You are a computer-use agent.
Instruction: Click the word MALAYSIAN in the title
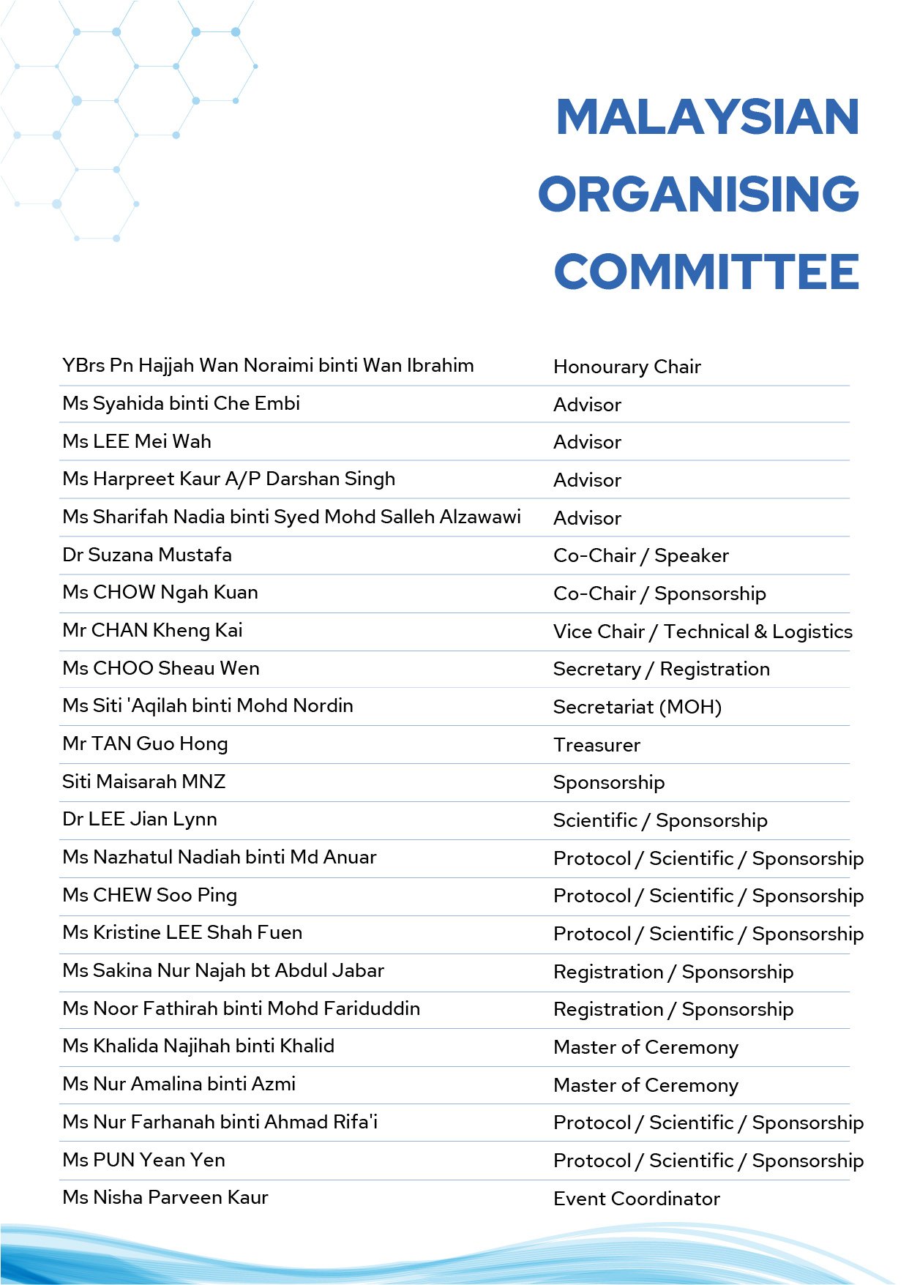click(x=707, y=117)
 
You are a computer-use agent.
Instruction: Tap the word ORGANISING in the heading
click(x=699, y=195)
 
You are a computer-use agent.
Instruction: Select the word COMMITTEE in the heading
click(x=707, y=272)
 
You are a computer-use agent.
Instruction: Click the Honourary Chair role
click(x=627, y=367)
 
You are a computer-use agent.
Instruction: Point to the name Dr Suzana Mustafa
click(x=147, y=555)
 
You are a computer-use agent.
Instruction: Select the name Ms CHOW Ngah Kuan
click(x=160, y=592)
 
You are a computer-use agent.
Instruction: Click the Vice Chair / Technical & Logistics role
click(x=703, y=632)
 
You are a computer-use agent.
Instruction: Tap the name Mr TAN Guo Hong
click(x=145, y=744)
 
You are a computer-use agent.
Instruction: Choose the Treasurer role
click(x=596, y=745)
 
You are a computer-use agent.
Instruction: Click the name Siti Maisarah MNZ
click(x=143, y=782)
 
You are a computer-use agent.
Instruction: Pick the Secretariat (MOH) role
click(x=637, y=707)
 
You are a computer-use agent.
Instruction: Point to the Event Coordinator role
click(x=637, y=1199)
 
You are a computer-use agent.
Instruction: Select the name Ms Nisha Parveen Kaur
click(x=165, y=1197)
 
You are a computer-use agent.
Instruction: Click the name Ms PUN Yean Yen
click(x=143, y=1160)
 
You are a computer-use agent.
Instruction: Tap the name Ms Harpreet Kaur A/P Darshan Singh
click(x=228, y=479)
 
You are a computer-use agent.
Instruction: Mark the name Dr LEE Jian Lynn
click(x=140, y=820)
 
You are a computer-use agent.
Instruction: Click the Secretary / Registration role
click(x=662, y=669)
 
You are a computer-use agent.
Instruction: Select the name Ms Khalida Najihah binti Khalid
click(x=198, y=1046)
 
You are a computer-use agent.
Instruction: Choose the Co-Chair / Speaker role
click(x=641, y=555)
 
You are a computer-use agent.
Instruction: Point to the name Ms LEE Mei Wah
click(x=137, y=441)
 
